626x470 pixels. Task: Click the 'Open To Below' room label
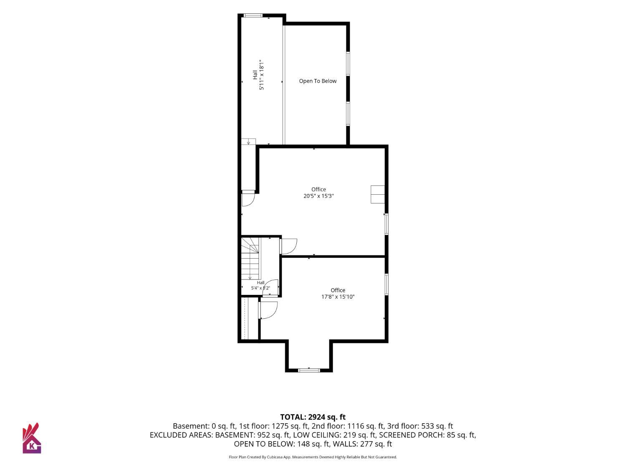click(x=318, y=81)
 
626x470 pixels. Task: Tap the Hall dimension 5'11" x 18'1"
click(x=262, y=75)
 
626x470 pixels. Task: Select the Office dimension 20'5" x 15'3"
click(x=318, y=196)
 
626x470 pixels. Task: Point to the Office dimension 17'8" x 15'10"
click(x=338, y=297)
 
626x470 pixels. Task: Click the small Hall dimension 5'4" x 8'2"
click(x=260, y=288)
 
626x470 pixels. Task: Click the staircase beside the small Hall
click(x=251, y=259)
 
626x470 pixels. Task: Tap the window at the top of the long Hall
click(x=252, y=15)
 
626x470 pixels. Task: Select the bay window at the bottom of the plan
click(x=309, y=371)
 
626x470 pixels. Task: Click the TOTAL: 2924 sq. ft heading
click(x=313, y=417)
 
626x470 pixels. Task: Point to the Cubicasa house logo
click(x=32, y=438)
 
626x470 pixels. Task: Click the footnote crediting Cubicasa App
click(x=313, y=457)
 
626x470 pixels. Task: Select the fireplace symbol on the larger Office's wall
click(x=377, y=194)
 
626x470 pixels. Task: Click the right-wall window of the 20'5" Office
click(x=386, y=224)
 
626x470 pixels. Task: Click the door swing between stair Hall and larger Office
click(x=289, y=246)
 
